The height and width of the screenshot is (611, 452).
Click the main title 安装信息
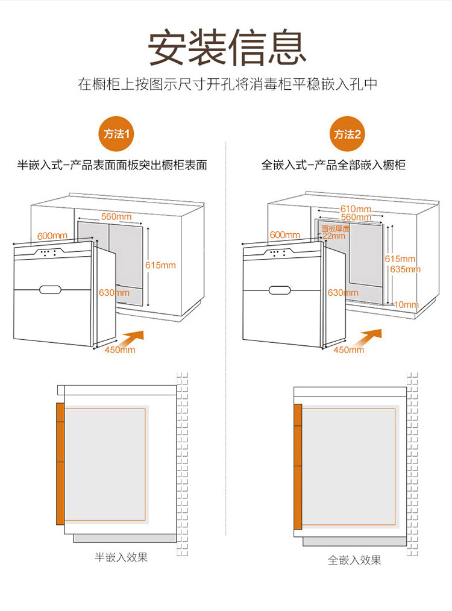pyautogui.click(x=226, y=47)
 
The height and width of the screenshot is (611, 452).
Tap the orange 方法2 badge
pyautogui.click(x=348, y=134)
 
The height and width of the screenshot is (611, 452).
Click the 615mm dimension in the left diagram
pyautogui.click(x=160, y=265)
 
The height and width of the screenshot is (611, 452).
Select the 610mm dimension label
pyautogui.click(x=356, y=209)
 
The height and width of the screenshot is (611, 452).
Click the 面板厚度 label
pyautogui.click(x=335, y=229)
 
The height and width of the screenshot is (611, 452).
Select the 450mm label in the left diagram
pyautogui.click(x=120, y=349)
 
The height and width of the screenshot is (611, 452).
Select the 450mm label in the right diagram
pyautogui.click(x=348, y=349)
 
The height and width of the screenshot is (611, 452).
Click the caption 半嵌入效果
pyautogui.click(x=121, y=557)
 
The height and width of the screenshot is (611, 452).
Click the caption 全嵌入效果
pyautogui.click(x=354, y=560)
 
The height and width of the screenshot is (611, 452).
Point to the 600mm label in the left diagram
pyautogui.click(x=52, y=236)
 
